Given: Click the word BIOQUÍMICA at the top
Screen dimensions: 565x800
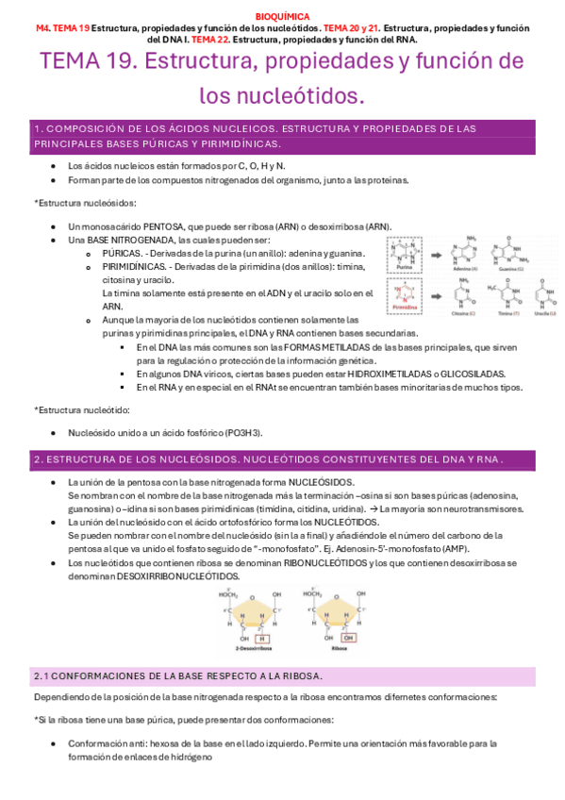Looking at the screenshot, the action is (282, 16).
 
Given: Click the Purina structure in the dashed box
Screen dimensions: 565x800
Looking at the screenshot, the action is (406, 254).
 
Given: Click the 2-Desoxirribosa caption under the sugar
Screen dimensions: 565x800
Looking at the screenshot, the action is (248, 651).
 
